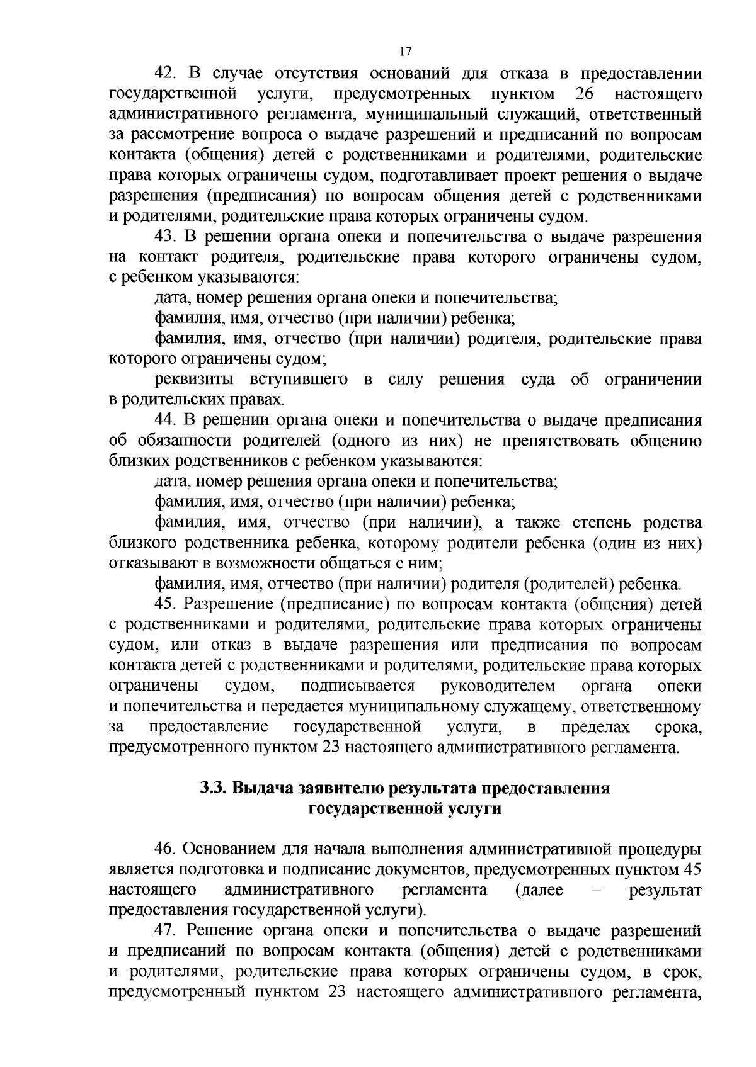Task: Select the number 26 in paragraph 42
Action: [x=585, y=94]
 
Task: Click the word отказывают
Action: [x=149, y=563]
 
